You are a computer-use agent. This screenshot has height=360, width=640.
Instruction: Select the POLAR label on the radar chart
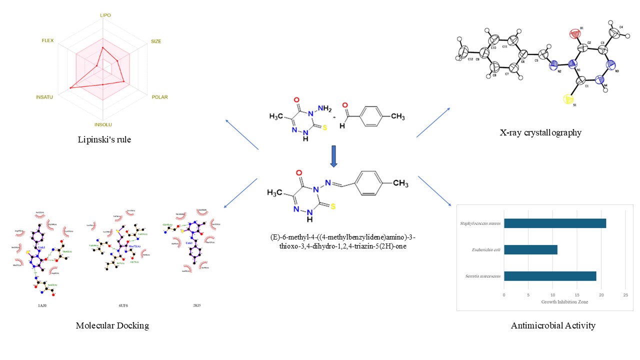[x=159, y=97]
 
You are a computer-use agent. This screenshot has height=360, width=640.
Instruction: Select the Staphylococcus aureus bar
[x=555, y=223]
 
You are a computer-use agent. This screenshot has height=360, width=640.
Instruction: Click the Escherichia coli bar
[x=530, y=249]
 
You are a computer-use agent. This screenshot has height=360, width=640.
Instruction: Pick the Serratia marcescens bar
[x=550, y=276]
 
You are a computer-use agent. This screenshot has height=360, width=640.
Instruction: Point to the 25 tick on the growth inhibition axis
[x=625, y=295]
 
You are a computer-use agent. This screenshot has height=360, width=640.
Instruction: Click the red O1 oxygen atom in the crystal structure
[x=573, y=34]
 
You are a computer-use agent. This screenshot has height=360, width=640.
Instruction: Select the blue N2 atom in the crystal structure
[x=553, y=65]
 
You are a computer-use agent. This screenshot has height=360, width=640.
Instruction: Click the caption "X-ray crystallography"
[x=540, y=132]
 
